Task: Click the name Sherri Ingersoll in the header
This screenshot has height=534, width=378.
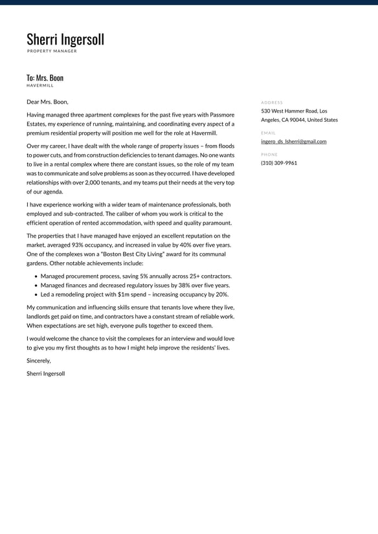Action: tap(65, 39)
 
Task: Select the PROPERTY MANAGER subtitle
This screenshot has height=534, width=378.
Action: tap(52, 51)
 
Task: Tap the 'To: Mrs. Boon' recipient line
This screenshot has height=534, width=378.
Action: tap(45, 78)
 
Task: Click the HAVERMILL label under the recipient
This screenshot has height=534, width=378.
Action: tap(40, 85)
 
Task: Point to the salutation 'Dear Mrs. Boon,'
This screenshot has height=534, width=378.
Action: tap(47, 102)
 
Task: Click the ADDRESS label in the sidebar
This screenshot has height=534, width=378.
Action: tap(272, 102)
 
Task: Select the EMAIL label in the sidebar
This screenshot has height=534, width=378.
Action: tap(268, 133)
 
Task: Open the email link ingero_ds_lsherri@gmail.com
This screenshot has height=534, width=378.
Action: tap(293, 141)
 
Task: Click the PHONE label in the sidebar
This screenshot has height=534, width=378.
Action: tap(269, 155)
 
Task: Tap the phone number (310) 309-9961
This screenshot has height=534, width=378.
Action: tap(279, 163)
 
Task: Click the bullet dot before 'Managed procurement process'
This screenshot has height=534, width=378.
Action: tap(35, 276)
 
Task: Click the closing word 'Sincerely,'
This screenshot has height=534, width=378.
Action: tap(39, 361)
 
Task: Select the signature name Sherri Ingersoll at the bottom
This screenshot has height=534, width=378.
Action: tap(46, 373)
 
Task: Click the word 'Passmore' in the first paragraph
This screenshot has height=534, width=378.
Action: tap(222, 115)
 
